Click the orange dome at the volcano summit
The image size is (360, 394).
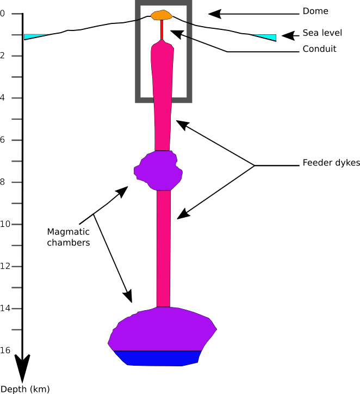tap(162, 15)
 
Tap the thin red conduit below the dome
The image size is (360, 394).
tap(162, 29)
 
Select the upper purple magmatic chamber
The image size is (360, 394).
tap(158, 170)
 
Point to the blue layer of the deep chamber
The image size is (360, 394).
tap(157, 358)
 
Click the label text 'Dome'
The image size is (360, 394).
tap(315, 11)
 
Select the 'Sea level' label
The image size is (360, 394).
tap(322, 33)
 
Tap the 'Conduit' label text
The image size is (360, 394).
tap(319, 49)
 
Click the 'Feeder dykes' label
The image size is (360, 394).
tap(331, 163)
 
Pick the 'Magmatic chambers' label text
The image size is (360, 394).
tap(69, 237)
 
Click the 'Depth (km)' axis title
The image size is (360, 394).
tap(25, 389)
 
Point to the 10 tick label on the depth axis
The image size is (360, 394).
tap(5, 224)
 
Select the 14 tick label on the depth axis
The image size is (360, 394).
tap(5, 308)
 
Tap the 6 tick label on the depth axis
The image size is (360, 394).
tap(2, 140)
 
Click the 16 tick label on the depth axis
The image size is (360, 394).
tap(5, 350)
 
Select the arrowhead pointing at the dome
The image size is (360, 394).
tap(215, 14)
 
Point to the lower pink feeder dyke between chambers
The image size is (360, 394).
tap(164, 249)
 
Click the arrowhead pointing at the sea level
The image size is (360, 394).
tap(288, 36)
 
